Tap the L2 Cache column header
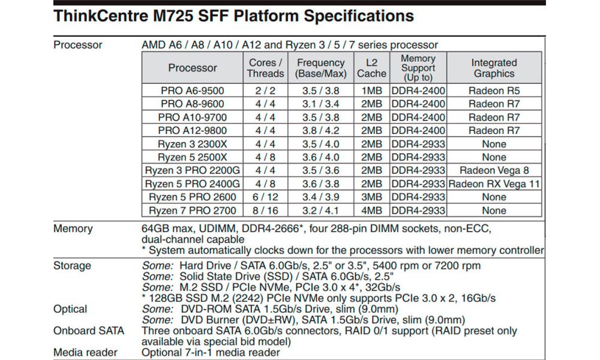click(x=372, y=68)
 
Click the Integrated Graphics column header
click(x=494, y=68)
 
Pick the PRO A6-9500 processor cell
click(x=193, y=91)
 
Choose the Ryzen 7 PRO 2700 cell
click(x=193, y=211)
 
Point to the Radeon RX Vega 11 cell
click(x=494, y=184)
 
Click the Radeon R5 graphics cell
click(x=494, y=91)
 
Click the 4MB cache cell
click(x=372, y=211)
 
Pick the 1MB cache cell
click(x=372, y=91)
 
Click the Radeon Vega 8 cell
click(x=494, y=170)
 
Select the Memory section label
click(x=73, y=229)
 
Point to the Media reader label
click(x=86, y=352)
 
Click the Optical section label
click(x=70, y=309)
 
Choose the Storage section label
click(x=72, y=266)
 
